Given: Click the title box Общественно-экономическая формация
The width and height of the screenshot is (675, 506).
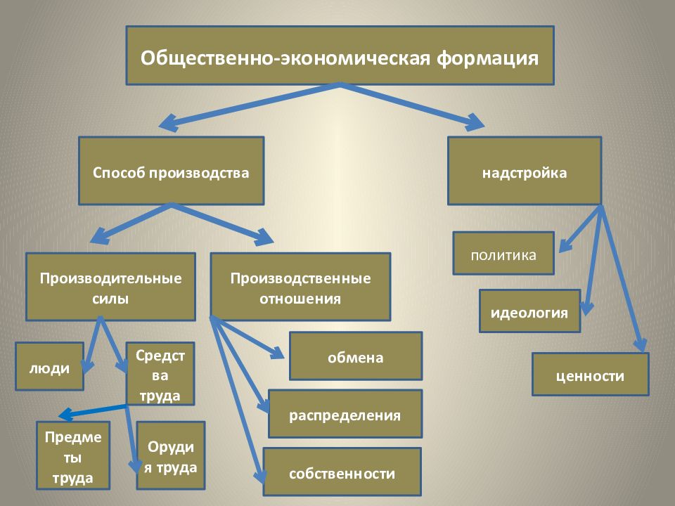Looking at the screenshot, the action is [x=340, y=56].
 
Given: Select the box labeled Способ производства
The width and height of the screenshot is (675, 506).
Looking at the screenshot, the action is [x=171, y=171].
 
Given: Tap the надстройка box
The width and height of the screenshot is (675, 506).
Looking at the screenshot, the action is [x=525, y=171].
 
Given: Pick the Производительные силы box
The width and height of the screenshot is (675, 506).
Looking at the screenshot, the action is [x=110, y=287].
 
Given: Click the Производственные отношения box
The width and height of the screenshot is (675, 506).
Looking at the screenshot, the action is [x=300, y=287].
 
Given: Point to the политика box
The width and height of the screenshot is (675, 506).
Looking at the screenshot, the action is [x=503, y=254].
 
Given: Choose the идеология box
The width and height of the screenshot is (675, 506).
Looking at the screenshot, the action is [x=530, y=311].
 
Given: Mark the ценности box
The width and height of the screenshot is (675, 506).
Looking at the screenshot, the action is [x=590, y=375].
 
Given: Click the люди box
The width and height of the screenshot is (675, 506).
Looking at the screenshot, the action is [x=49, y=366].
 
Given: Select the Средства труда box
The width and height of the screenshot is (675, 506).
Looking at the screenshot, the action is [x=160, y=373].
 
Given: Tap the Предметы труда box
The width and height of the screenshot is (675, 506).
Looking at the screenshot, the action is [x=73, y=455].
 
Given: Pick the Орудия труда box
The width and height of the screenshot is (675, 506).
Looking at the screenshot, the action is [x=171, y=455].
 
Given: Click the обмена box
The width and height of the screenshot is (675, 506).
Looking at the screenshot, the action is [x=356, y=356].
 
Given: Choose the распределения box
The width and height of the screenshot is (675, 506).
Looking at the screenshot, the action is [x=345, y=414].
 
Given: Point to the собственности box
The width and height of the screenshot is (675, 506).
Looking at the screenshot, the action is [x=342, y=472].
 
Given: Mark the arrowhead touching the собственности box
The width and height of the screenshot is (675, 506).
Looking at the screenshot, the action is [x=260, y=476].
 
